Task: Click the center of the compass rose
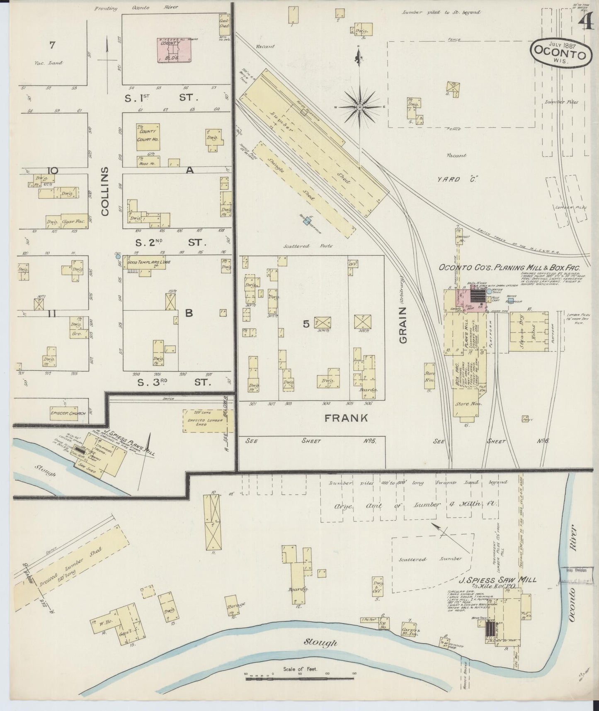(360, 107)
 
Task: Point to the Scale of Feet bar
(299, 679)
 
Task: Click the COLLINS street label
(104, 191)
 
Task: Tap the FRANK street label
(346, 418)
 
